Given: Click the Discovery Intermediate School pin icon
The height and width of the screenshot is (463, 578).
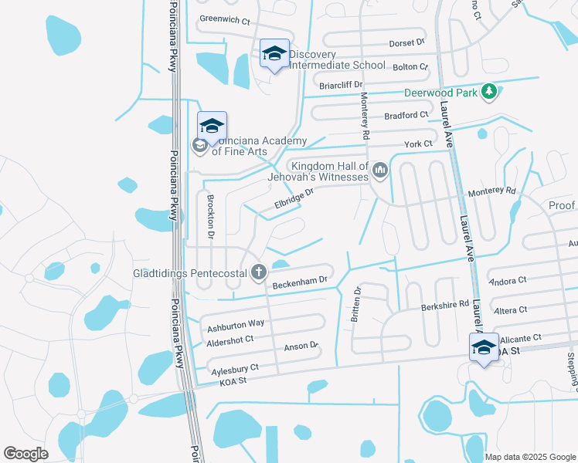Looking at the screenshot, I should [274, 53].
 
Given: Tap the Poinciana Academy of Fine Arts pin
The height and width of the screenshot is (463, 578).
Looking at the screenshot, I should [212, 126].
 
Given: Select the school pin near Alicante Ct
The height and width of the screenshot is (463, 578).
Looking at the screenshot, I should [484, 347].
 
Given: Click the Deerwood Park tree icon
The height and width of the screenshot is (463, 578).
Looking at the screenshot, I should [488, 93].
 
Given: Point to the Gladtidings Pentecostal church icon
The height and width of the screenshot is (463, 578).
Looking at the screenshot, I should [259, 272].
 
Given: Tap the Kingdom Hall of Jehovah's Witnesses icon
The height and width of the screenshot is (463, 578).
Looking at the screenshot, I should [379, 170].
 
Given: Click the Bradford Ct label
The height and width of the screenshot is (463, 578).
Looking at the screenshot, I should [406, 115].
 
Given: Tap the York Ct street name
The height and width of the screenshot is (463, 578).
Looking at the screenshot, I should [418, 144].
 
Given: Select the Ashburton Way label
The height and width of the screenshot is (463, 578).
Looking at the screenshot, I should [235, 323].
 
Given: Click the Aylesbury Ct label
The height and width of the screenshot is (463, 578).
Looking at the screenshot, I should [235, 369].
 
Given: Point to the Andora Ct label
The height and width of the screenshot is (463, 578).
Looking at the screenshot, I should [508, 281].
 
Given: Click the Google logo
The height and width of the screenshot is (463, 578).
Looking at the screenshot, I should [25, 454].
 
